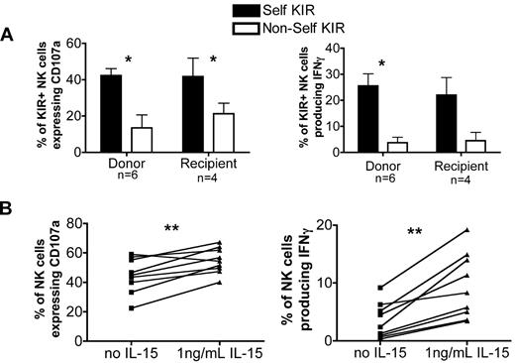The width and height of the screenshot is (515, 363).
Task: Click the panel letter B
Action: tap(9, 210)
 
